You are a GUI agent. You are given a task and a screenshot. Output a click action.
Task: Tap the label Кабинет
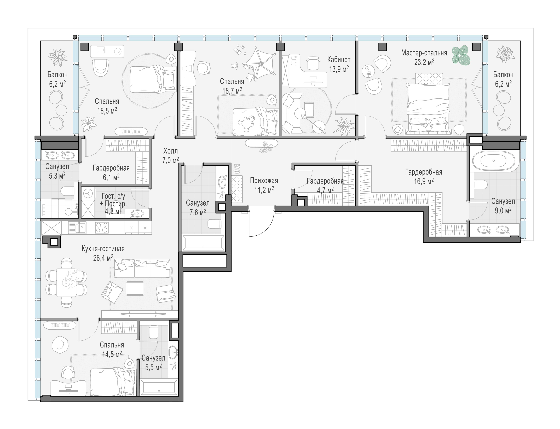pyautogui.click(x=339, y=60)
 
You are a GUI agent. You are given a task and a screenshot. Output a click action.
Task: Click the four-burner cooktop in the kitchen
pyautogui.click(x=102, y=228)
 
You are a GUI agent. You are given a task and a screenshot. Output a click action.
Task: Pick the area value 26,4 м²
pyautogui.click(x=103, y=258)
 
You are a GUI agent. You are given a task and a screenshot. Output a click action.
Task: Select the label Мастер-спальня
pyautogui.click(x=424, y=53)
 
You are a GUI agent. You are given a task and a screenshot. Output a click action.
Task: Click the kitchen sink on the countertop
pyautogui.click(x=80, y=228)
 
